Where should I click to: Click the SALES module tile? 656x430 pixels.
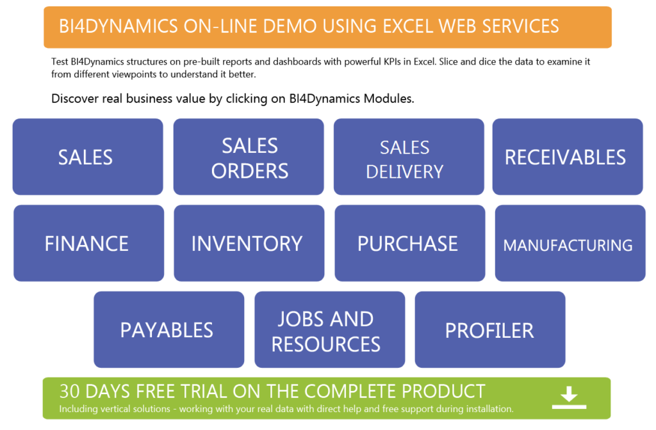click(88, 157)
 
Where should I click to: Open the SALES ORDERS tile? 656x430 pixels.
click(249, 157)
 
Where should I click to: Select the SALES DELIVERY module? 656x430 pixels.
click(409, 157)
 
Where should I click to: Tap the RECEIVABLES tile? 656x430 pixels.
click(568, 157)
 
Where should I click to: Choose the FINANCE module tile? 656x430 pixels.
click(88, 243)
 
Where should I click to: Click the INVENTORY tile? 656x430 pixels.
click(249, 243)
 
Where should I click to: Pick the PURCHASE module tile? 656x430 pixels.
click(410, 243)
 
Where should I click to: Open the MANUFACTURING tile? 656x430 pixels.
click(570, 243)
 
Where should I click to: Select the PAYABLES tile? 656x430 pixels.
click(169, 330)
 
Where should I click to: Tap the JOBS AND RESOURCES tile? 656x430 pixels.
click(330, 330)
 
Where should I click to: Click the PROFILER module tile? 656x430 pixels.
click(490, 330)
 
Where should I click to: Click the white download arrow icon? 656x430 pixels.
click(569, 397)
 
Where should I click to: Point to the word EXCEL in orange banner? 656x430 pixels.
click(407, 26)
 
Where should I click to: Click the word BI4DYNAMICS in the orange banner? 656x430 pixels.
click(119, 26)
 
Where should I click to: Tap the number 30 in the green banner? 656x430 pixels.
click(70, 392)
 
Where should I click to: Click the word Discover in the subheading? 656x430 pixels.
click(72, 99)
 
